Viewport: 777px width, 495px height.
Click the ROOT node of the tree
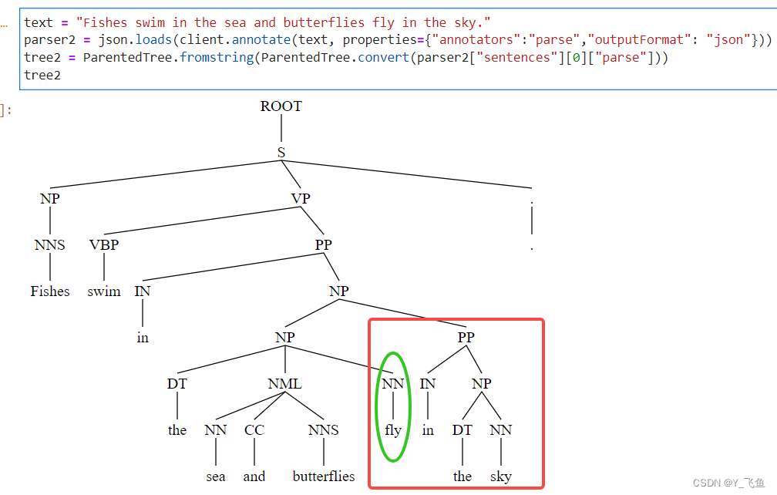[281, 106]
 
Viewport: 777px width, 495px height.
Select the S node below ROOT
[281, 153]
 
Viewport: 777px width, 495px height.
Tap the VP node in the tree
[301, 199]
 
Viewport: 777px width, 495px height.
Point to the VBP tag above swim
[104, 245]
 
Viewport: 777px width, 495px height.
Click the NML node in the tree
[285, 384]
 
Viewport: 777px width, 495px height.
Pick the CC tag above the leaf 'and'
[254, 430]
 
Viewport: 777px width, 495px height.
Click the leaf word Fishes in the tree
[50, 291]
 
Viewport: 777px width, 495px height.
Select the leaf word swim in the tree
[104, 291]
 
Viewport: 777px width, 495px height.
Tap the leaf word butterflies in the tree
[324, 476]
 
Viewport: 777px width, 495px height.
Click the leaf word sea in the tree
[216, 476]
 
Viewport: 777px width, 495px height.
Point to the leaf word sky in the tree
[501, 476]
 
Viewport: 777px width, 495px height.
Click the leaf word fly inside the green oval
[393, 430]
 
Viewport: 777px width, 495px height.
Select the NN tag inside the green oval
[393, 384]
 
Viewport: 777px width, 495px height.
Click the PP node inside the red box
[466, 338]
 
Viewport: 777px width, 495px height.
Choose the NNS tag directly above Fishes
[50, 245]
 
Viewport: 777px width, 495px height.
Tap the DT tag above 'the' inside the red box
[462, 430]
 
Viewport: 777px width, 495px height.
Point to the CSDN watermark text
[728, 483]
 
